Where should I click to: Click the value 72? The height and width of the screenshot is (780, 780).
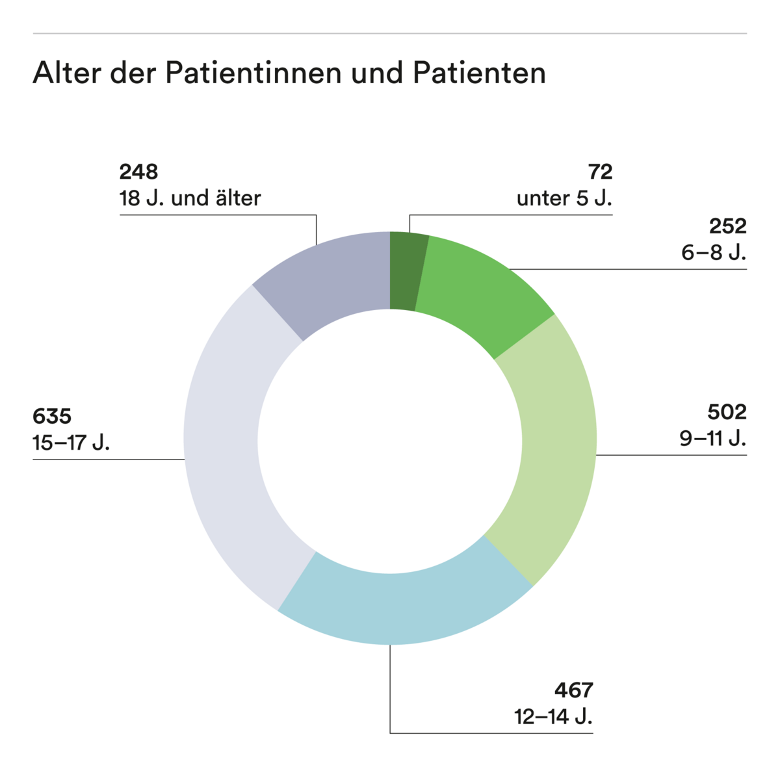point(600,172)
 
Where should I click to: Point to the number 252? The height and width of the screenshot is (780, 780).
point(727,226)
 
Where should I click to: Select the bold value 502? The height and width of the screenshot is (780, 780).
point(727,412)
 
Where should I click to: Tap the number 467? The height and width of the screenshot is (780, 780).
point(574,690)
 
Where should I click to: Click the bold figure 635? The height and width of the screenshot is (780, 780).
point(52,416)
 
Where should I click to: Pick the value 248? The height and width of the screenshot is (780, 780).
point(138,172)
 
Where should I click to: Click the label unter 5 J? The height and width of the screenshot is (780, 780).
point(564,198)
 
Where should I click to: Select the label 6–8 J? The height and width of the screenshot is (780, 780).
point(713,252)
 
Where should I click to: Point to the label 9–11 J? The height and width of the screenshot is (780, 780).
point(712,439)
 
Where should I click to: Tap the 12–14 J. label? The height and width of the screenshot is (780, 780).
point(553,717)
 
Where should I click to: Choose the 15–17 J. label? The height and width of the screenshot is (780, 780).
point(71,443)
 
